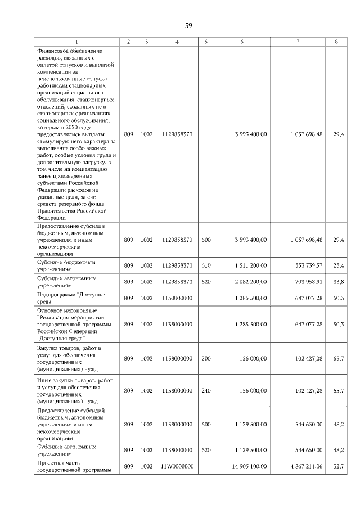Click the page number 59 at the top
188,25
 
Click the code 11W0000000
177,466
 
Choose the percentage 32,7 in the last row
338,466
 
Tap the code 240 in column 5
206,390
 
